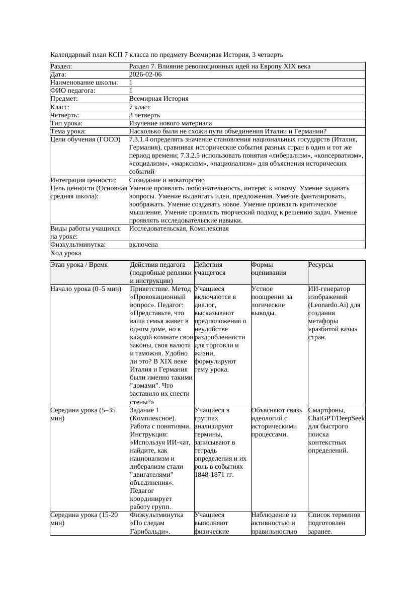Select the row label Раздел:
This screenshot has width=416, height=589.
tap(61, 66)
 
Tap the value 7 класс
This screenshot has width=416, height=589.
tap(140, 107)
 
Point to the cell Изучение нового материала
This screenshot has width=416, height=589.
tap(171, 123)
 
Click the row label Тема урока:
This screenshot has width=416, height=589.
tap(68, 131)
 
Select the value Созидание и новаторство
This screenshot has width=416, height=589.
tap(167, 180)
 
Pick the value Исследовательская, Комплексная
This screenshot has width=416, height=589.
tap(179, 229)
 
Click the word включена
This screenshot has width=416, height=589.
tap(143, 245)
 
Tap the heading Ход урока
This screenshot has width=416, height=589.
tap(66, 254)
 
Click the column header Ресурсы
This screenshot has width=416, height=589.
tap(320, 264)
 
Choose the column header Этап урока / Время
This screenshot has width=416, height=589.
tap(79, 264)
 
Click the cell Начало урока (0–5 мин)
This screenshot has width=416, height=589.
tap(86, 289)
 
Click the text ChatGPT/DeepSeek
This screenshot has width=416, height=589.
tap(337, 418)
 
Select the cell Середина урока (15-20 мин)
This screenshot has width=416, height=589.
tap(85, 519)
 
